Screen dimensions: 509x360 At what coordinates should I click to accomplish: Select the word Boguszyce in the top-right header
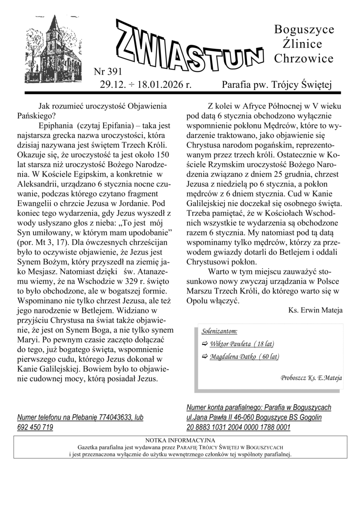304,29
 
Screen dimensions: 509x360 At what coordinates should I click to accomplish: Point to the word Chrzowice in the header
304,59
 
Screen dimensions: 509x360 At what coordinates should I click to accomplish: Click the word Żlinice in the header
302,44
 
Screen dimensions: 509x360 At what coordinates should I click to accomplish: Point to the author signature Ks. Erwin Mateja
315,310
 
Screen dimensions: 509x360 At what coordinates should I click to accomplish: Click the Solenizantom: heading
220,331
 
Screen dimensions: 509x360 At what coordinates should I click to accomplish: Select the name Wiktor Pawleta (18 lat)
242,344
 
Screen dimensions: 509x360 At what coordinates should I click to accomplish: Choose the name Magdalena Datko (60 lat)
244,357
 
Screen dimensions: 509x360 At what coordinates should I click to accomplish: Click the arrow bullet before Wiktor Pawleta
205,344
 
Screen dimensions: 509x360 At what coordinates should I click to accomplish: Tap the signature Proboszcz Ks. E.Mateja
311,377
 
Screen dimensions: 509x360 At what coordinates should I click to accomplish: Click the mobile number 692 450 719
35,427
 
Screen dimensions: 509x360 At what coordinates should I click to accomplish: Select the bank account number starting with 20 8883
238,427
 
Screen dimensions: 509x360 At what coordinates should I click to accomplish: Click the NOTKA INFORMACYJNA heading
180,440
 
